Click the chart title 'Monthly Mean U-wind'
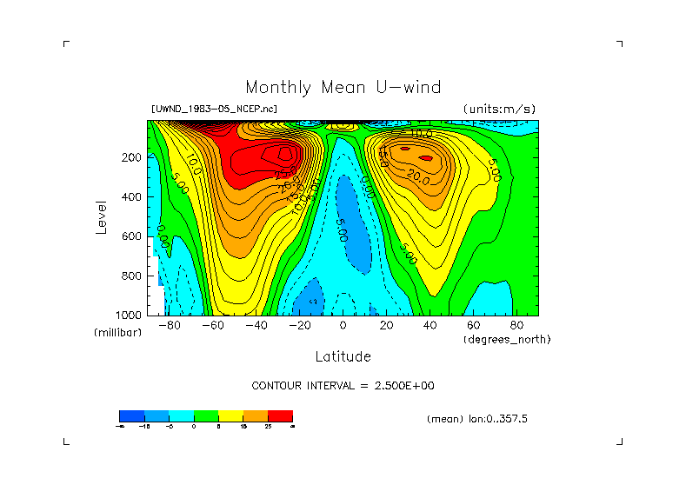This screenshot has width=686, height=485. [x=343, y=88]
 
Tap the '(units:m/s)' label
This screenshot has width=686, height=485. [x=499, y=110]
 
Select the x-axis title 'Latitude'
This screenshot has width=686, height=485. [x=343, y=356]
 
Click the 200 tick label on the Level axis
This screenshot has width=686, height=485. [x=132, y=157]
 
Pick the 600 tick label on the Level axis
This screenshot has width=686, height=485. [x=132, y=236]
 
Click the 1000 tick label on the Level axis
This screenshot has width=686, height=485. [x=130, y=315]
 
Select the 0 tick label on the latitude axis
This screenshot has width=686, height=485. [x=343, y=325]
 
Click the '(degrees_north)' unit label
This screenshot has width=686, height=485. [x=507, y=339]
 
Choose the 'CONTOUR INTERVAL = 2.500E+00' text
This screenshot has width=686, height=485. [x=349, y=385]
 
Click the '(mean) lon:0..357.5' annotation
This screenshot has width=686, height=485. [x=477, y=419]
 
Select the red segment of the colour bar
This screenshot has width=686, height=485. [x=280, y=415]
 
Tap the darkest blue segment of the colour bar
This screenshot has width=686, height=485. [x=131, y=415]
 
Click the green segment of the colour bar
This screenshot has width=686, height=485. [x=205, y=415]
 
